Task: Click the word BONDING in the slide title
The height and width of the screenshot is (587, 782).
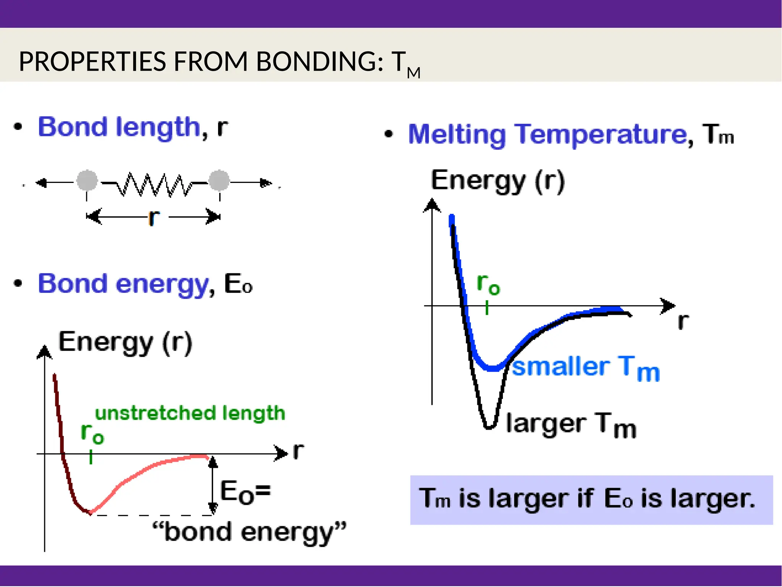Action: click(319, 61)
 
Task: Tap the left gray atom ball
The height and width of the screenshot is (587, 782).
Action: click(87, 181)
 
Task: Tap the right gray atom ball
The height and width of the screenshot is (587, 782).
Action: click(219, 181)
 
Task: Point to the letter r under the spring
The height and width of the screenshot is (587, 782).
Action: click(153, 217)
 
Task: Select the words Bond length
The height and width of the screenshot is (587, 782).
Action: click(119, 127)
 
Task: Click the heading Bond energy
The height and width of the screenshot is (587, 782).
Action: click(123, 284)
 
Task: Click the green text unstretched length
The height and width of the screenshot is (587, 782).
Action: click(190, 413)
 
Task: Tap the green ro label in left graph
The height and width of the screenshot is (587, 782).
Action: click(92, 434)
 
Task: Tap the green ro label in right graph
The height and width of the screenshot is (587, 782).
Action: click(488, 285)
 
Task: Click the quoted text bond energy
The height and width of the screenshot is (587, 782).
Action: click(249, 532)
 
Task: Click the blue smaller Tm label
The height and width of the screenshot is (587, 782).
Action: click(585, 367)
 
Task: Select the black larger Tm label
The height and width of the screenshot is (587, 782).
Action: click(570, 425)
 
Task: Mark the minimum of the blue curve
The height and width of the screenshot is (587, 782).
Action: click(493, 369)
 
